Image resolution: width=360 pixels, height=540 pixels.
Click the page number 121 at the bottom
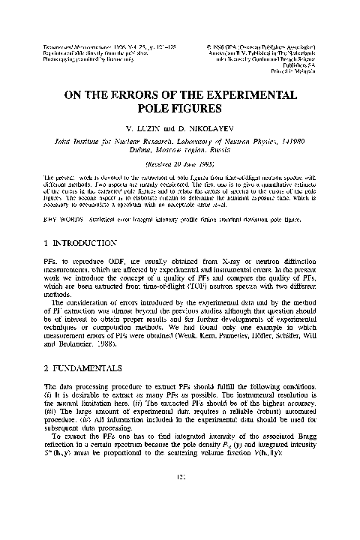click(180, 521)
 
